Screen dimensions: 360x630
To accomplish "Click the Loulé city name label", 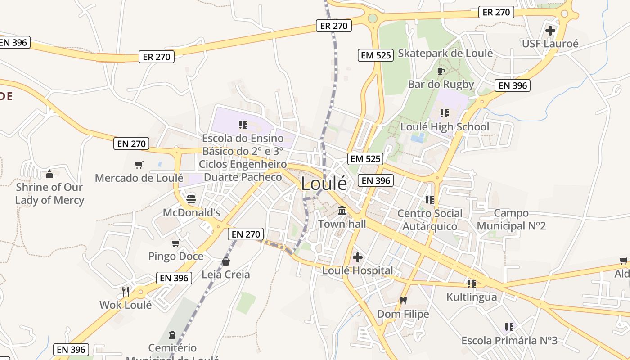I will tap(324, 184).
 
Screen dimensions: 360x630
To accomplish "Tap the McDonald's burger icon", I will tap(191, 199).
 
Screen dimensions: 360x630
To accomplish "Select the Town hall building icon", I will tap(342, 210).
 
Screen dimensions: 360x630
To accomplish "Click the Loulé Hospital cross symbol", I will tap(358, 257).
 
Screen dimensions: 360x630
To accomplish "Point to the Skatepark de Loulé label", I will tap(445, 53).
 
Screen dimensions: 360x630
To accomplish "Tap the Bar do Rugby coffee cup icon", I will tap(441, 71).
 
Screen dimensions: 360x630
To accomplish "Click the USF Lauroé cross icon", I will tap(550, 31).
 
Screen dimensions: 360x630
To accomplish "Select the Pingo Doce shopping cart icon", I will tap(176, 243).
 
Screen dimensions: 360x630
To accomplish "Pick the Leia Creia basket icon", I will tap(226, 261).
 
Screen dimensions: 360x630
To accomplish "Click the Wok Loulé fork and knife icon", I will tap(126, 292).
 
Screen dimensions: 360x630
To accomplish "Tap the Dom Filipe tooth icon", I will tap(403, 300).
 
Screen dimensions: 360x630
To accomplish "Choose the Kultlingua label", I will tap(472, 297).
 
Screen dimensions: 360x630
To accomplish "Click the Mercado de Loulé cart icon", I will tap(139, 165).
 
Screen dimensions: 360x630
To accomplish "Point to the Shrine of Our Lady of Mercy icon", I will tap(49, 174).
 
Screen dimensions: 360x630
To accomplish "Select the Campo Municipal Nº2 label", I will tap(511, 219).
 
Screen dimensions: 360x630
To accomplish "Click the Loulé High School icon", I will tap(445, 113).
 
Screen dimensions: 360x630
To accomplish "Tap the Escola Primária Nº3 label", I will tap(509, 340).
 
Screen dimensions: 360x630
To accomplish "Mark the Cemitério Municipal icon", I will tap(172, 335).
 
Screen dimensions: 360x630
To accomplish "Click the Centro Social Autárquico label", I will tap(430, 220).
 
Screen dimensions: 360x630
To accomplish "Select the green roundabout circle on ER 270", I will tap(373, 18).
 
